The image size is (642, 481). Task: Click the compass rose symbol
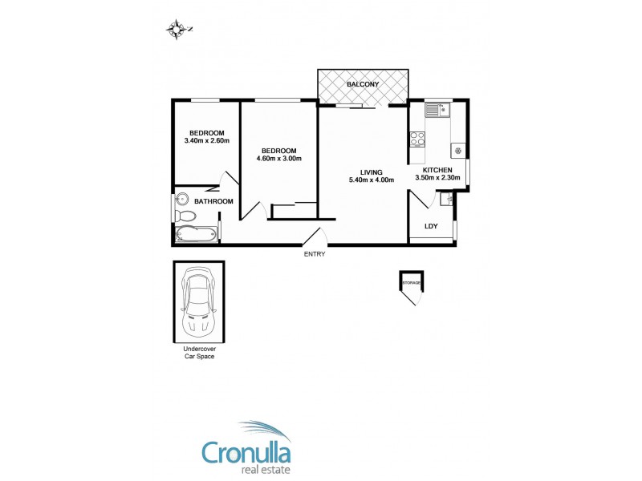click(x=177, y=30)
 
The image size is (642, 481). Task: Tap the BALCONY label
click(x=363, y=85)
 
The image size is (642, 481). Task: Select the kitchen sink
click(x=438, y=111)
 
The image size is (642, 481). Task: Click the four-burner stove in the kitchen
click(x=417, y=139)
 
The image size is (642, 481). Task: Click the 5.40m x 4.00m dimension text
click(x=372, y=180)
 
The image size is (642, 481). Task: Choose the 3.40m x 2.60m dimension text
click(x=206, y=141)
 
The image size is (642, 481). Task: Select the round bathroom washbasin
click(x=182, y=200)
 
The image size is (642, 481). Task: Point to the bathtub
click(x=195, y=235)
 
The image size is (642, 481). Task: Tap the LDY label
click(x=431, y=227)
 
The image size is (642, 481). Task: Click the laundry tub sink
click(x=446, y=198)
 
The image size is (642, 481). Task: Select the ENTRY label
click(x=315, y=254)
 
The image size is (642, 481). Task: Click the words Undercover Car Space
click(x=198, y=353)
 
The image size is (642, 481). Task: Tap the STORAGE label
click(x=411, y=283)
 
